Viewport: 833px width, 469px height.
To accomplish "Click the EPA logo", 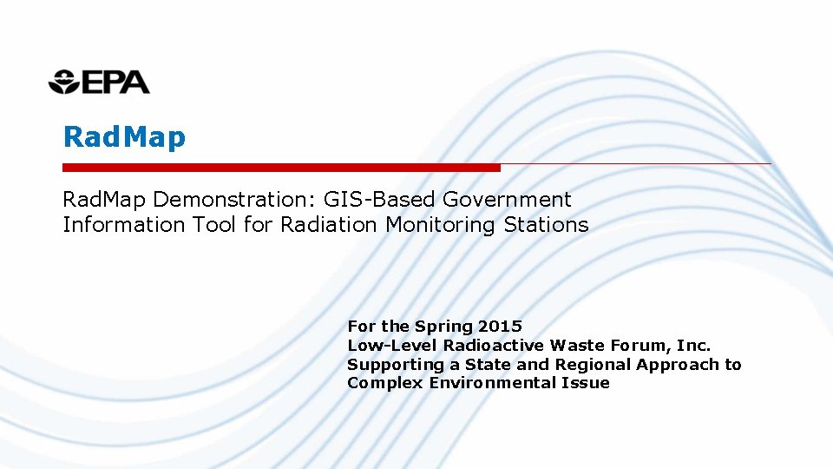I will [x=99, y=82].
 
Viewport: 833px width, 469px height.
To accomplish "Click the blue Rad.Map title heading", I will [x=124, y=137].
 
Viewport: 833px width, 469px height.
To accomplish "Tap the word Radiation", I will [x=328, y=225].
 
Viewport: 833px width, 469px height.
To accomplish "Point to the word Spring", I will [x=443, y=327].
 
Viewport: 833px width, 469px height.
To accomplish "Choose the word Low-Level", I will [x=385, y=346].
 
